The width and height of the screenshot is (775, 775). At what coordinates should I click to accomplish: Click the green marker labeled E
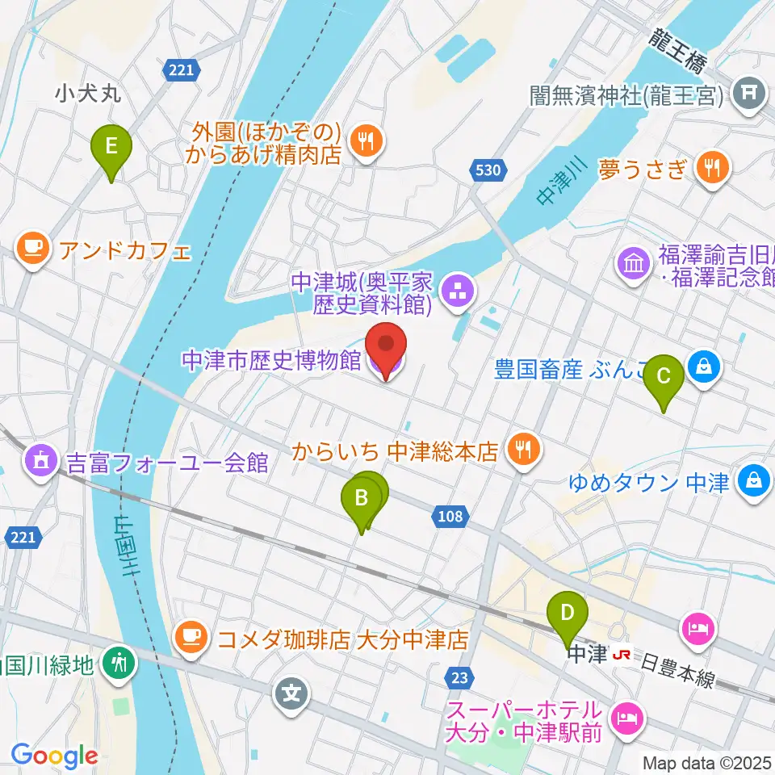[x=111, y=147]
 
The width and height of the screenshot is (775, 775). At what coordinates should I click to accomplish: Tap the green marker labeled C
[x=664, y=375]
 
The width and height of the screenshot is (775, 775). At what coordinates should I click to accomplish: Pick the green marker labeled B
[x=361, y=498]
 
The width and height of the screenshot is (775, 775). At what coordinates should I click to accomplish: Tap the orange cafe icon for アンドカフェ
[x=31, y=248]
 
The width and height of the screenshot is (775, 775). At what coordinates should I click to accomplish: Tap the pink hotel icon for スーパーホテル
[x=625, y=714]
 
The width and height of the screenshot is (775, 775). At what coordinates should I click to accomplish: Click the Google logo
[x=54, y=756]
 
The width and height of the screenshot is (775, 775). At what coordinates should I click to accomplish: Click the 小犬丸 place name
[x=88, y=94]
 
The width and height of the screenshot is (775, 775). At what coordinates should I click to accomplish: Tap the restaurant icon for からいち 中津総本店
[x=523, y=449]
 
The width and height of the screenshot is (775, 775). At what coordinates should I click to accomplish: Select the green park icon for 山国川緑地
[x=120, y=664]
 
